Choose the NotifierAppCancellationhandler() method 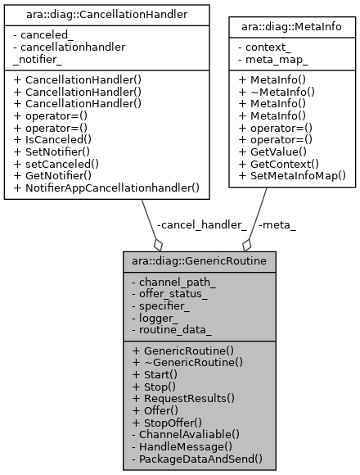(112, 188)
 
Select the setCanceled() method (60, 164)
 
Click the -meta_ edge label (277, 224)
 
